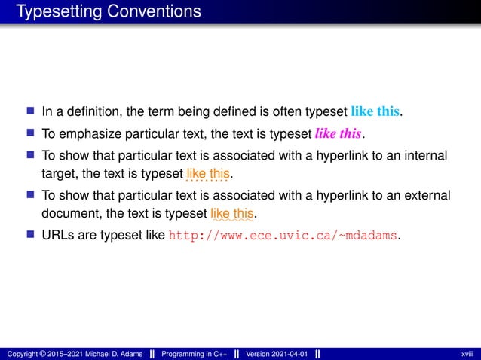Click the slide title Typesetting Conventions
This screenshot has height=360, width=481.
[109, 12]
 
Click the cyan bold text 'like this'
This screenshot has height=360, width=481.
[375, 113]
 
